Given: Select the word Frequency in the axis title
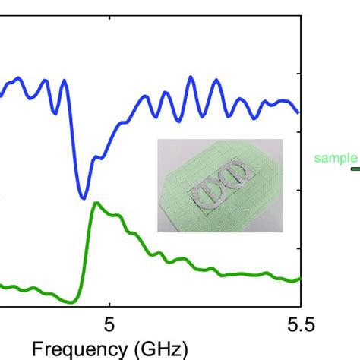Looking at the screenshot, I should pyautogui.click(x=72, y=349).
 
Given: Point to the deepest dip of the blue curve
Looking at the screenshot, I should pyautogui.click(x=83, y=198).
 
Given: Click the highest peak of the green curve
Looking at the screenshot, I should pyautogui.click(x=95, y=203).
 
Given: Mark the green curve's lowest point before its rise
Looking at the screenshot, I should pyautogui.click(x=73, y=302).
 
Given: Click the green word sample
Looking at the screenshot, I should pyautogui.click(x=335, y=158).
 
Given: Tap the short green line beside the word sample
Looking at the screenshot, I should pyautogui.click(x=355, y=169).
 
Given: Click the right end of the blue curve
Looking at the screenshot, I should pyautogui.click(x=300, y=112).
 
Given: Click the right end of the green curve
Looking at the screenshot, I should pyautogui.click(x=300, y=279).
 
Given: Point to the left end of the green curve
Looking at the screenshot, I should pyautogui.click(x=1, y=286).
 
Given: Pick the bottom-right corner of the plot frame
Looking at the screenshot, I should pyautogui.click(x=302, y=307).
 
